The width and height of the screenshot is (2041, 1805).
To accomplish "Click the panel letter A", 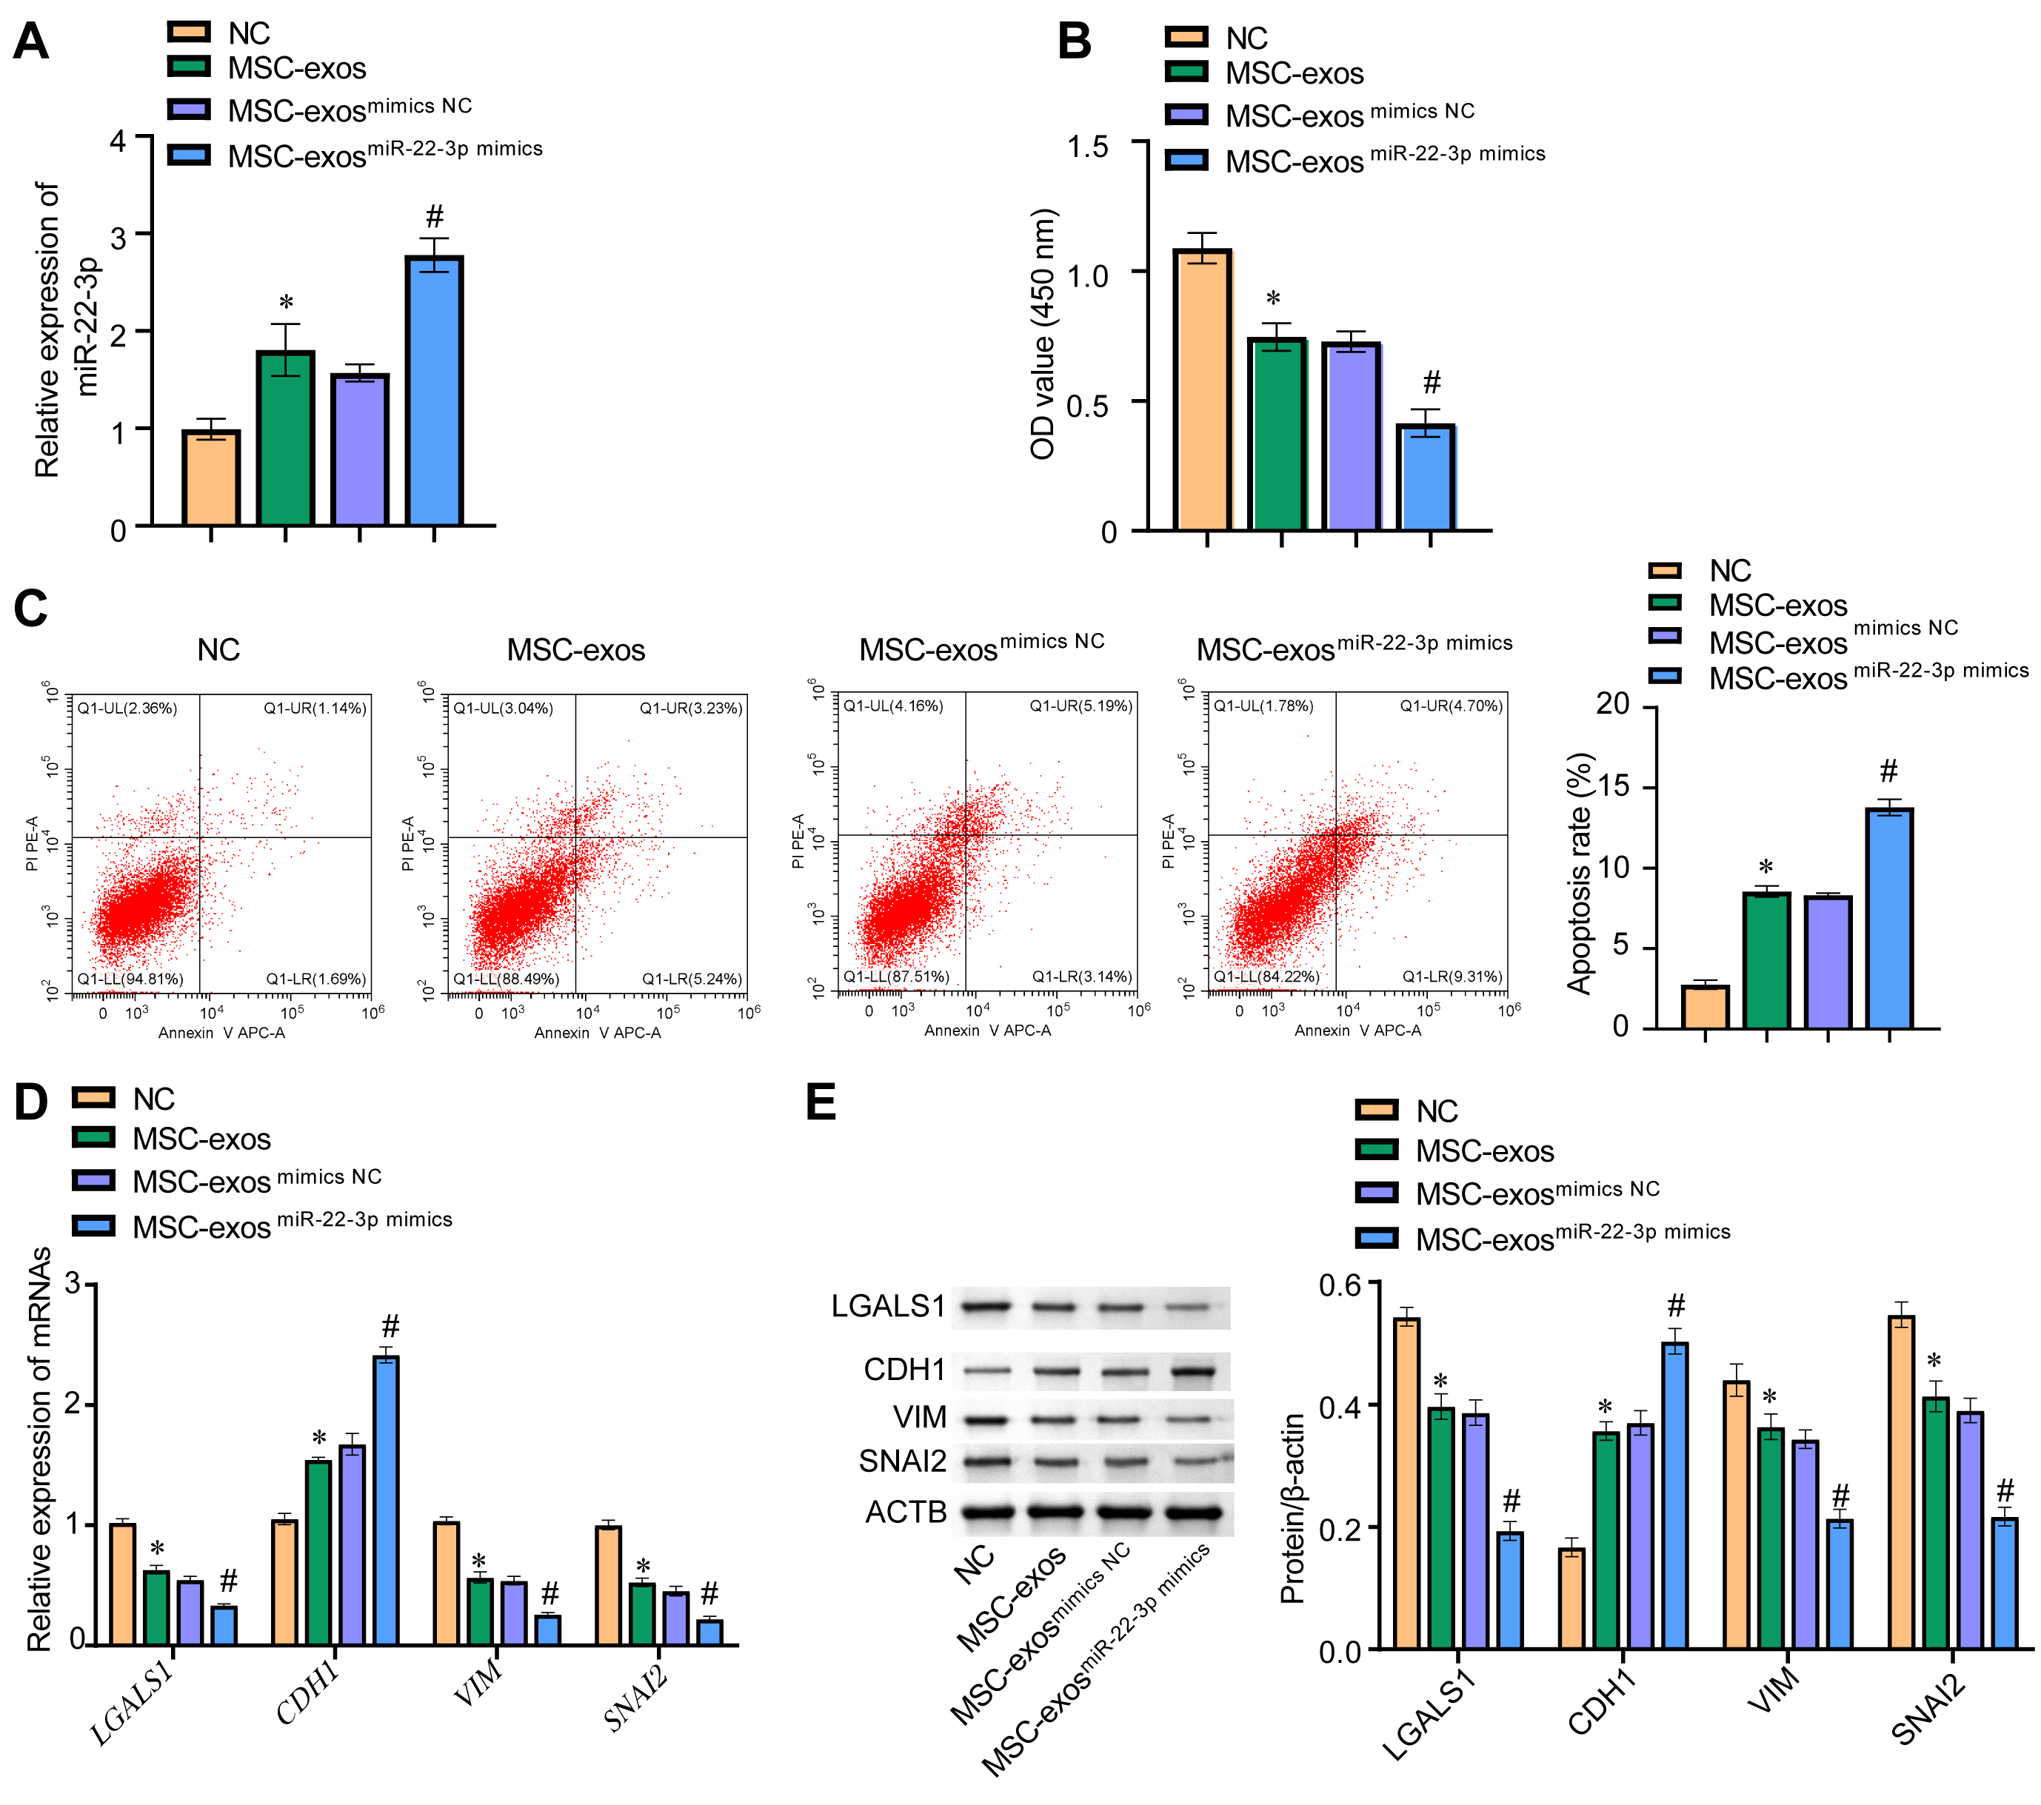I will pyautogui.click(x=31, y=42).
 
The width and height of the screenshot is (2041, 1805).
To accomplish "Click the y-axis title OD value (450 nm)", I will pyautogui.click(x=1043, y=335).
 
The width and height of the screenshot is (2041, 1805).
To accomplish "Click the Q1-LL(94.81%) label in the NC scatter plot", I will pyautogui.click(x=131, y=978).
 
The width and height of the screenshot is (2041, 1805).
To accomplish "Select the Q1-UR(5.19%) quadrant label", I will pyautogui.click(x=1081, y=706).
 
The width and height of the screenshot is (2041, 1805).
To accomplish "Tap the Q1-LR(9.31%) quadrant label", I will pyautogui.click(x=1452, y=977).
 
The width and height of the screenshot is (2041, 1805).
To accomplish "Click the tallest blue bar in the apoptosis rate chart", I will pyautogui.click(x=1889, y=919).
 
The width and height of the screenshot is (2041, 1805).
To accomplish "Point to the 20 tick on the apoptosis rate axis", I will pyautogui.click(x=1613, y=704).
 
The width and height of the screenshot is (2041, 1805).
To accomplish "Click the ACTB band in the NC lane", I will pyautogui.click(x=988, y=1513).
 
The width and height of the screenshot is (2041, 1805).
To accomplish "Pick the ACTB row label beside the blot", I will pyautogui.click(x=905, y=1513).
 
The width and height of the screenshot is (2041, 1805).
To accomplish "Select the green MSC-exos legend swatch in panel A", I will pyautogui.click(x=190, y=67).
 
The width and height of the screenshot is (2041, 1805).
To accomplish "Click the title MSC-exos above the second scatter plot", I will pyautogui.click(x=575, y=650).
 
